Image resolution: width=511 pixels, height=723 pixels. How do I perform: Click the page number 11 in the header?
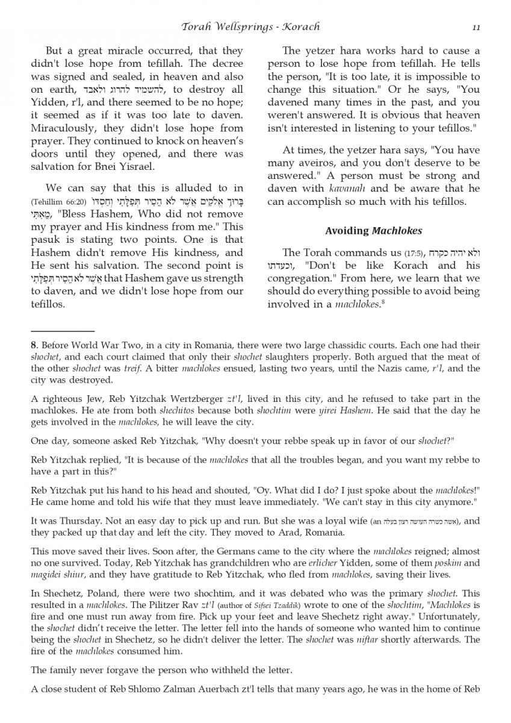(475, 27)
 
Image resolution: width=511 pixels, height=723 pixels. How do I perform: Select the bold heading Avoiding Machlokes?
(374, 231)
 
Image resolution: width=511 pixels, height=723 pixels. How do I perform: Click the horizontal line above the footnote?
(63, 331)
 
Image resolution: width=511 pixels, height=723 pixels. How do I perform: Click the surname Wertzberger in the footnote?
(202, 399)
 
